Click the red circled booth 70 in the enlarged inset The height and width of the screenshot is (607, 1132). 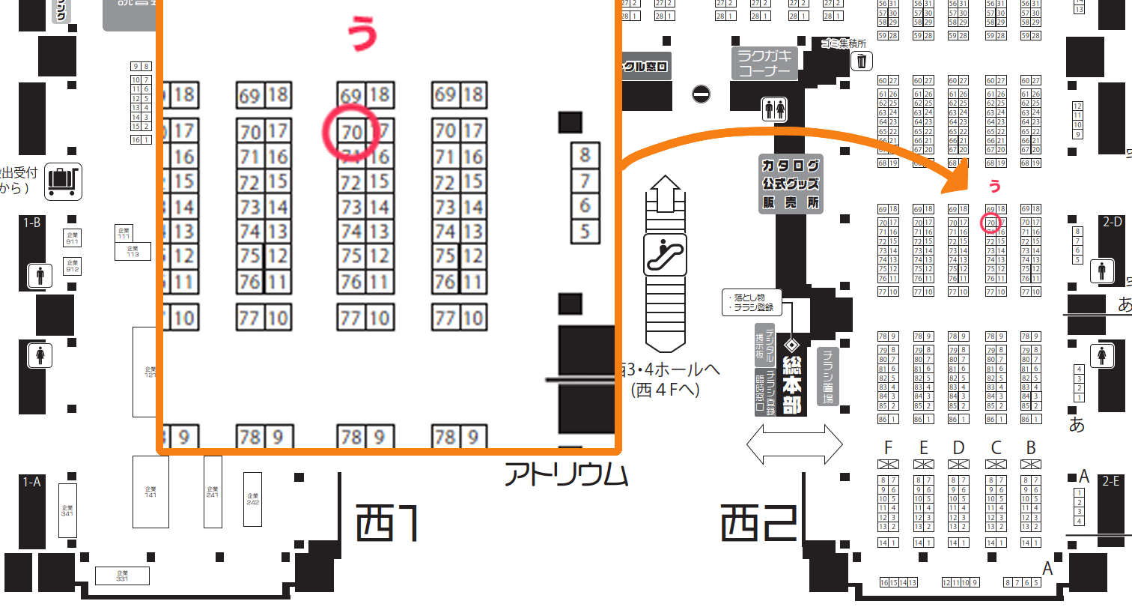point(350,132)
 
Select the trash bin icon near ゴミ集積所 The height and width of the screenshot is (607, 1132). point(862,61)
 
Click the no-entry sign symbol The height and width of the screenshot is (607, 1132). point(701,94)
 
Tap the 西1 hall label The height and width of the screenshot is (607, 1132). point(385,522)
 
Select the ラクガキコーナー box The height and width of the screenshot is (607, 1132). point(764,64)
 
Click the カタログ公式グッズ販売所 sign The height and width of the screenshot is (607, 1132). point(790,184)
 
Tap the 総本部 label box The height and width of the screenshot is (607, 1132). point(791,384)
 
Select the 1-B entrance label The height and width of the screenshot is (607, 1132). point(32,223)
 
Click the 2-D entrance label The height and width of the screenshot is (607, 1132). point(1112,222)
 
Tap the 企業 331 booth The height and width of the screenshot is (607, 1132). point(121,576)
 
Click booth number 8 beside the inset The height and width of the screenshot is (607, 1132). point(585,155)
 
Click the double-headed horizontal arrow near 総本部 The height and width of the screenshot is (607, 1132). point(794,444)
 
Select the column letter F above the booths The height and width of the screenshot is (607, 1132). point(888,448)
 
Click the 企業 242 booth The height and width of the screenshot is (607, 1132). point(252,498)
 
